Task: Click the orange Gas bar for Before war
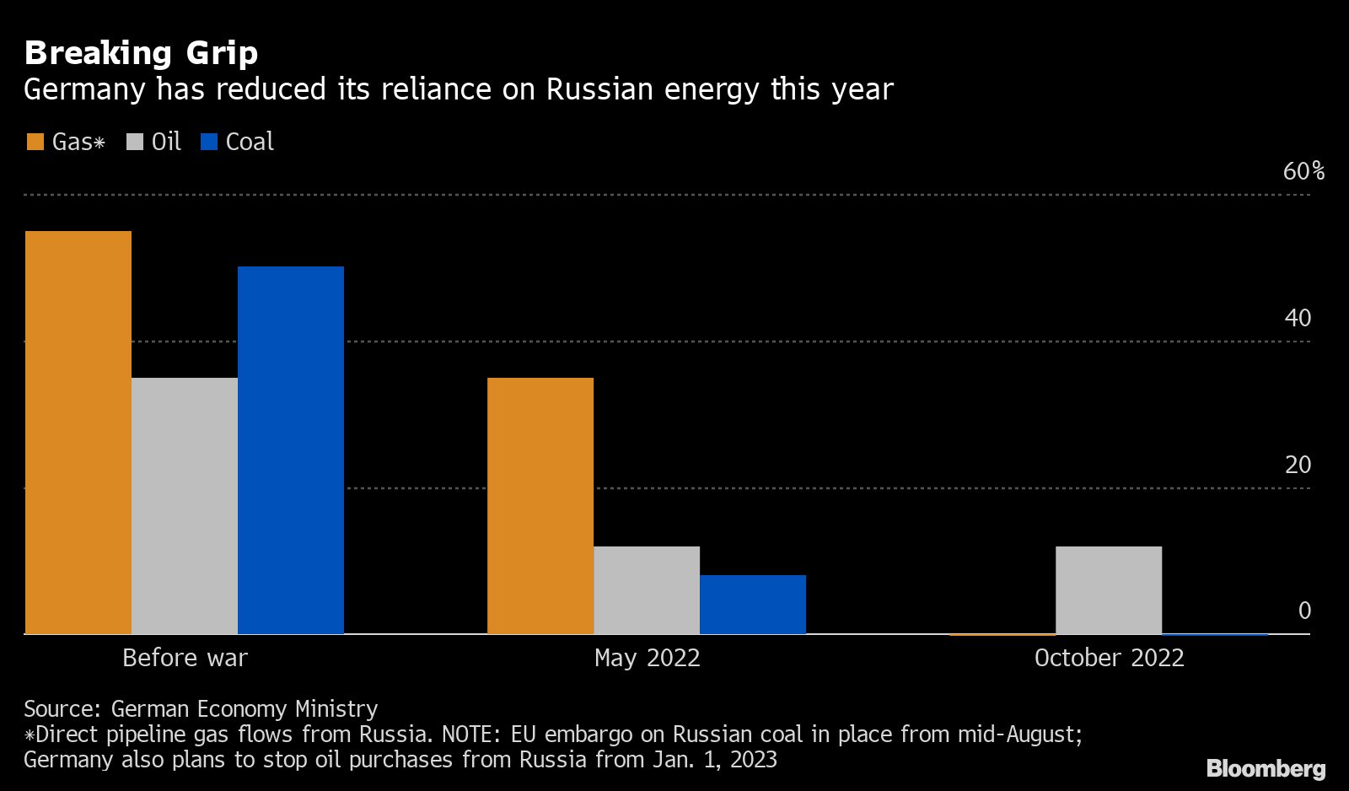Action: tap(78, 432)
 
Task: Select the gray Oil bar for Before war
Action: tap(185, 505)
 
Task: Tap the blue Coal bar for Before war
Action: tap(291, 449)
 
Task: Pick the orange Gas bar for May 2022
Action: tap(540, 505)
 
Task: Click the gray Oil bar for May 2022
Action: tap(647, 589)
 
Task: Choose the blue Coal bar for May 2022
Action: tap(753, 604)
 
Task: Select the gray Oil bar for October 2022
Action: tap(1109, 589)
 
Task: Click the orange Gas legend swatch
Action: tap(35, 142)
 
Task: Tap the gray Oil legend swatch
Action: tap(135, 142)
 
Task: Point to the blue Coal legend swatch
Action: tap(209, 142)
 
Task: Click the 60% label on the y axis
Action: tap(1303, 172)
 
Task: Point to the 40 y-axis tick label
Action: tap(1298, 318)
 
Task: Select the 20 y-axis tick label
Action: tap(1298, 465)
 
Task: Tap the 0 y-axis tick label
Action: tap(1305, 611)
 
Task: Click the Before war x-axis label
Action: tap(185, 658)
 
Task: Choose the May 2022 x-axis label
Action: tap(647, 658)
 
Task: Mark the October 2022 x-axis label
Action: tap(1109, 658)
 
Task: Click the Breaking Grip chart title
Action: tap(141, 53)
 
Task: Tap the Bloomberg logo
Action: tap(1266, 768)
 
